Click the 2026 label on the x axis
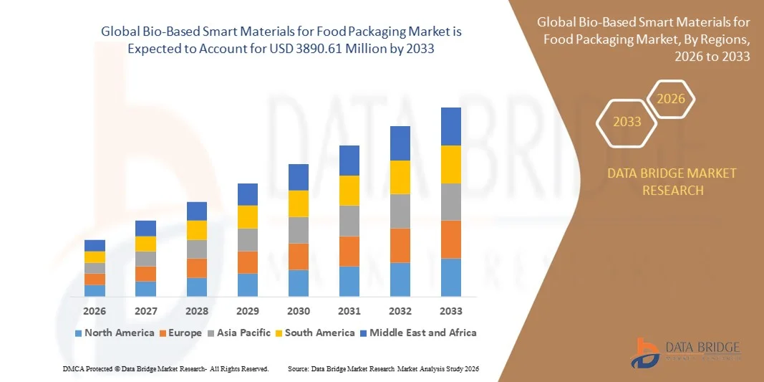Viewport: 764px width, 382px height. (95, 311)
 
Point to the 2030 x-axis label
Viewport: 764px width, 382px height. (299, 311)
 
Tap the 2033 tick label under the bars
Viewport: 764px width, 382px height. (450, 311)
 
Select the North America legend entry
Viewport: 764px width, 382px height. (114, 333)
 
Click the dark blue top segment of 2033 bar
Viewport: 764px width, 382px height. (450, 126)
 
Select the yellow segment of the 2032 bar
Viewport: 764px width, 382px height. (400, 177)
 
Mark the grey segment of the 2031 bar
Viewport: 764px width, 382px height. (349, 221)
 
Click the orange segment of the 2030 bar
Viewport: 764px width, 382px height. (299, 256)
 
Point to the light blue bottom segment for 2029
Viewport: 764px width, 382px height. (248, 285)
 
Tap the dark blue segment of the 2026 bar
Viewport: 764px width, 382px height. (95, 245)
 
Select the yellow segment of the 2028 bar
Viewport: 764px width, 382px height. (197, 229)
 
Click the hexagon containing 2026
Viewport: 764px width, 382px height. (672, 100)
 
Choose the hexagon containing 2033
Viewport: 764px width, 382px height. (627, 122)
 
